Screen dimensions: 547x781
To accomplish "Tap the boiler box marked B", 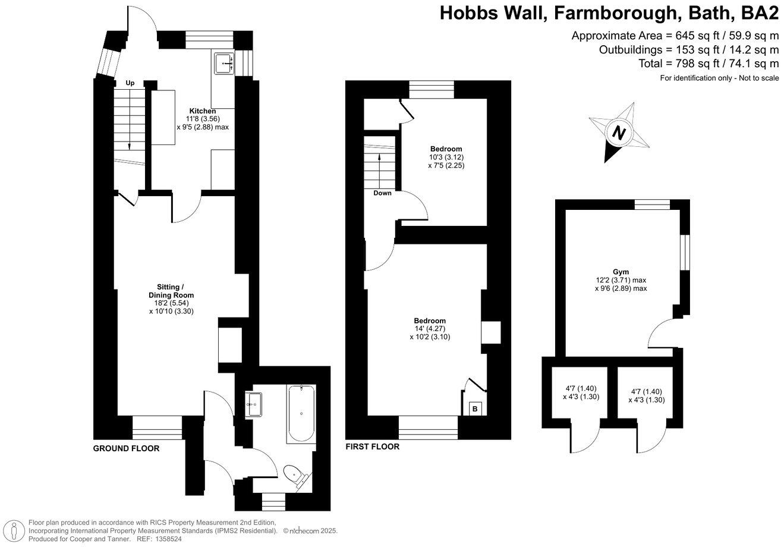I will click(x=474, y=408).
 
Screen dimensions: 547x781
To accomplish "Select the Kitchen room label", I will click(x=202, y=111).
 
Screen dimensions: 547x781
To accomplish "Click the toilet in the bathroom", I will click(x=294, y=474).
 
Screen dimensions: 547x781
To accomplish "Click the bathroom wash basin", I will click(x=253, y=404).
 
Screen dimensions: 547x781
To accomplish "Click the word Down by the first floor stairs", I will click(x=382, y=193).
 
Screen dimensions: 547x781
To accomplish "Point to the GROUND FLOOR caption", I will click(x=126, y=448).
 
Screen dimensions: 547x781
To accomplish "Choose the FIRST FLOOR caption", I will click(x=372, y=447).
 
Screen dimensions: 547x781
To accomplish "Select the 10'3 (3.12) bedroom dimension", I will click(x=446, y=158).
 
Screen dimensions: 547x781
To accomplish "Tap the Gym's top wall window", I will click(x=652, y=205).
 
